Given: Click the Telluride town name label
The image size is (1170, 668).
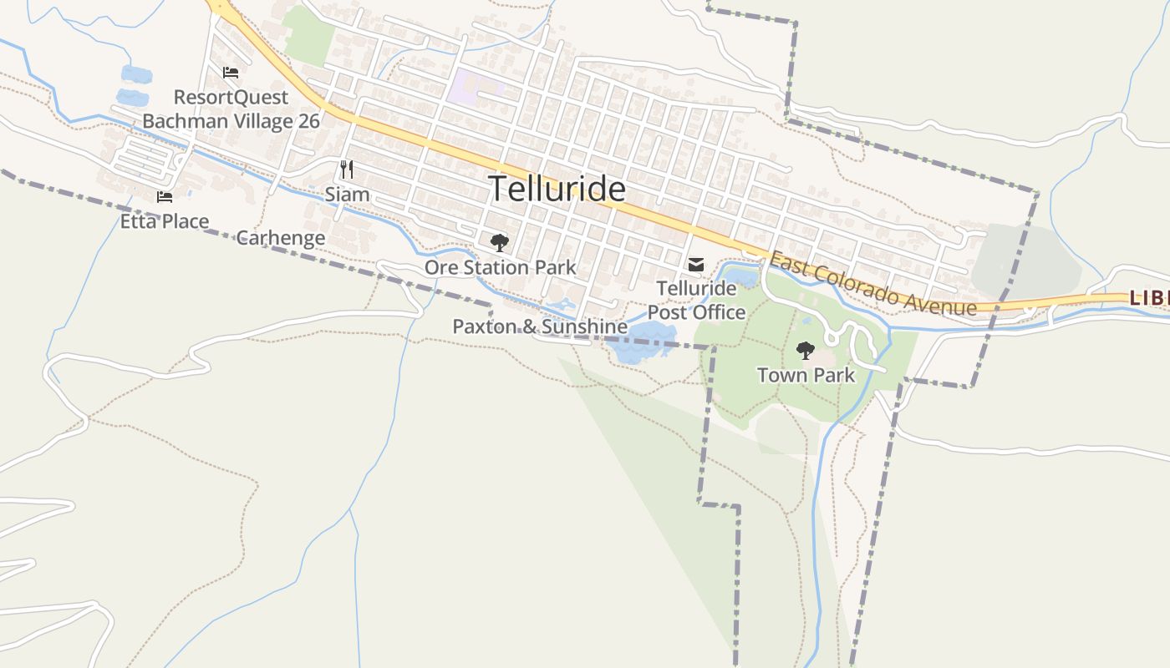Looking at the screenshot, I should coord(557,190).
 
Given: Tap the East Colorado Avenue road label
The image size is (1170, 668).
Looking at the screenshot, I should coord(872,285).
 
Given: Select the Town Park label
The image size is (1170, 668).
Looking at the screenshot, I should coord(806,375).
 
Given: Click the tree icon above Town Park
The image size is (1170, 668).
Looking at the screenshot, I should coord(805,351).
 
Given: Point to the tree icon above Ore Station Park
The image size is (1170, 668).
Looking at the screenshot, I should coord(500,243).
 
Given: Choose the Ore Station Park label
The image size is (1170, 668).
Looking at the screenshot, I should coord(500,267).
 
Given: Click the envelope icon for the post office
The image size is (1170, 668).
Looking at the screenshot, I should coord(695,265).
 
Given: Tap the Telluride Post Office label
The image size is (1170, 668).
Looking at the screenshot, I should coord(696,301).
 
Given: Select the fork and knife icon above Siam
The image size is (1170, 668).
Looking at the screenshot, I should coord(347,170).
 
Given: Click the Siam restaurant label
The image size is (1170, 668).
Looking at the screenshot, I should coord(347,195).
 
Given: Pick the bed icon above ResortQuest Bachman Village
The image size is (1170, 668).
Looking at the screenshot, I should coord(231,73).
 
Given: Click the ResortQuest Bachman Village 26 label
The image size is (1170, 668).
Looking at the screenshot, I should coord(231,109).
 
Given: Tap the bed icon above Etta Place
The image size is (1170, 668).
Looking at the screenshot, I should coord(165,197).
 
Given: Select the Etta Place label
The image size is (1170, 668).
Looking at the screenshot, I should coord(165,221).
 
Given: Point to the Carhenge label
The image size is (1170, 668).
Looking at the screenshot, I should coord(281,238).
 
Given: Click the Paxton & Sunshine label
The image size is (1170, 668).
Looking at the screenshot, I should coord(540,326).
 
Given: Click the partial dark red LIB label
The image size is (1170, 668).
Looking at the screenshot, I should coord(1148,297).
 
